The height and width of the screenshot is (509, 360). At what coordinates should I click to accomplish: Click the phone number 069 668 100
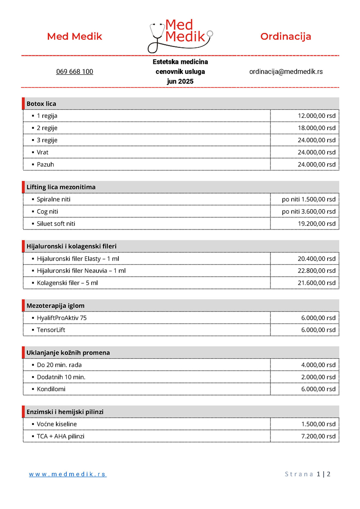click(75, 72)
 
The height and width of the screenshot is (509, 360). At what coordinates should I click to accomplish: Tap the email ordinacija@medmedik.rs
click(286, 72)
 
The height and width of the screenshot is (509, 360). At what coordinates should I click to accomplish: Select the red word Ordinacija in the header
click(286, 36)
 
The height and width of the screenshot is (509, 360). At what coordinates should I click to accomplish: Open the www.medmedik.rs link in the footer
click(68, 474)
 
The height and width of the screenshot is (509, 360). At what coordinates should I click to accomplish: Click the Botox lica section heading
click(41, 104)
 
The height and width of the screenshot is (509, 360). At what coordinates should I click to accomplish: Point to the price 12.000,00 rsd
click(316, 116)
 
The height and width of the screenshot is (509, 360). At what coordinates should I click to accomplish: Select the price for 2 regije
click(316, 128)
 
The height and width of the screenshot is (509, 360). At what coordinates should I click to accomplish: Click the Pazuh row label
click(45, 164)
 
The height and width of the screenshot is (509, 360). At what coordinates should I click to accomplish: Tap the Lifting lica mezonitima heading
click(61, 187)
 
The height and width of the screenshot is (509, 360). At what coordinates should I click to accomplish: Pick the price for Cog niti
click(309, 212)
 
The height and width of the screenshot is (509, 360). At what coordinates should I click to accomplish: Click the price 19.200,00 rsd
click(316, 224)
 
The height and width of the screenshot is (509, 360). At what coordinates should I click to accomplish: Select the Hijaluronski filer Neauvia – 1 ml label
click(81, 270)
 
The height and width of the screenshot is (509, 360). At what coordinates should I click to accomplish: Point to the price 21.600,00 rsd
click(316, 283)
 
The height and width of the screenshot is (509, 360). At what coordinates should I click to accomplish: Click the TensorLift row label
click(51, 330)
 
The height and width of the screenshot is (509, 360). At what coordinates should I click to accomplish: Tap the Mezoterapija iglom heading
click(55, 306)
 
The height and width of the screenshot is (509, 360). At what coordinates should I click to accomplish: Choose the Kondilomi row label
click(51, 389)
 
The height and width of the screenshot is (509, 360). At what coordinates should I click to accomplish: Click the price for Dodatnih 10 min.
click(318, 377)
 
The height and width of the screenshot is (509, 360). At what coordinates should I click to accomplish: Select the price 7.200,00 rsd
click(318, 436)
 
